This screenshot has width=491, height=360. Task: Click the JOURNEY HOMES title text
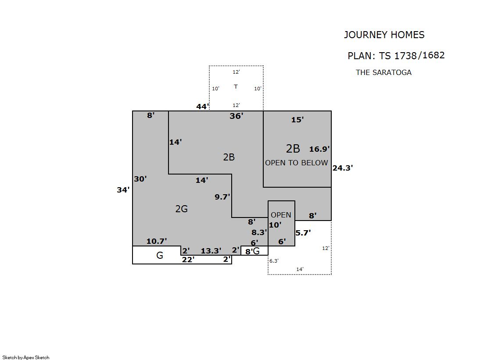[384, 35]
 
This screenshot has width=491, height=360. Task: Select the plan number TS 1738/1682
[412, 55]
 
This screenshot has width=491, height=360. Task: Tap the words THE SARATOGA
[383, 72]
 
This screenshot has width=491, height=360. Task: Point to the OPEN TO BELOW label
[297, 163]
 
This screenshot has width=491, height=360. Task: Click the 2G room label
[181, 209]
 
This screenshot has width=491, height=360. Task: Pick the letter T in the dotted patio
[236, 86]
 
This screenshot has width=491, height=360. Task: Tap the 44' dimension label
[202, 107]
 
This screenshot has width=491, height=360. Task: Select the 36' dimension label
[237, 116]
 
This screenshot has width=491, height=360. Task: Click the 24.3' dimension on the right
[343, 168]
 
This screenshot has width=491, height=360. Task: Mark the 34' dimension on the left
[123, 190]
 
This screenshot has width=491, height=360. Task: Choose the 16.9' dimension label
[319, 149]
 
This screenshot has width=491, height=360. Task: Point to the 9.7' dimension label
[222, 197]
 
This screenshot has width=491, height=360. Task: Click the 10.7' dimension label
[157, 241]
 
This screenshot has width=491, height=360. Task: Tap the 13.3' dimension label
[211, 251]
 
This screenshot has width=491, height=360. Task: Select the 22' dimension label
[188, 260]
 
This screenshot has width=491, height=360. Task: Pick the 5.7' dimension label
[303, 233]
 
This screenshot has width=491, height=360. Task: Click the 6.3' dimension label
[274, 261]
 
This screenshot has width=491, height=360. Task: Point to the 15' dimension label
[297, 120]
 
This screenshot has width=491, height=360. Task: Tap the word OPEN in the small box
[281, 215]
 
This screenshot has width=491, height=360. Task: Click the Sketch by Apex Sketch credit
[26, 357]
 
